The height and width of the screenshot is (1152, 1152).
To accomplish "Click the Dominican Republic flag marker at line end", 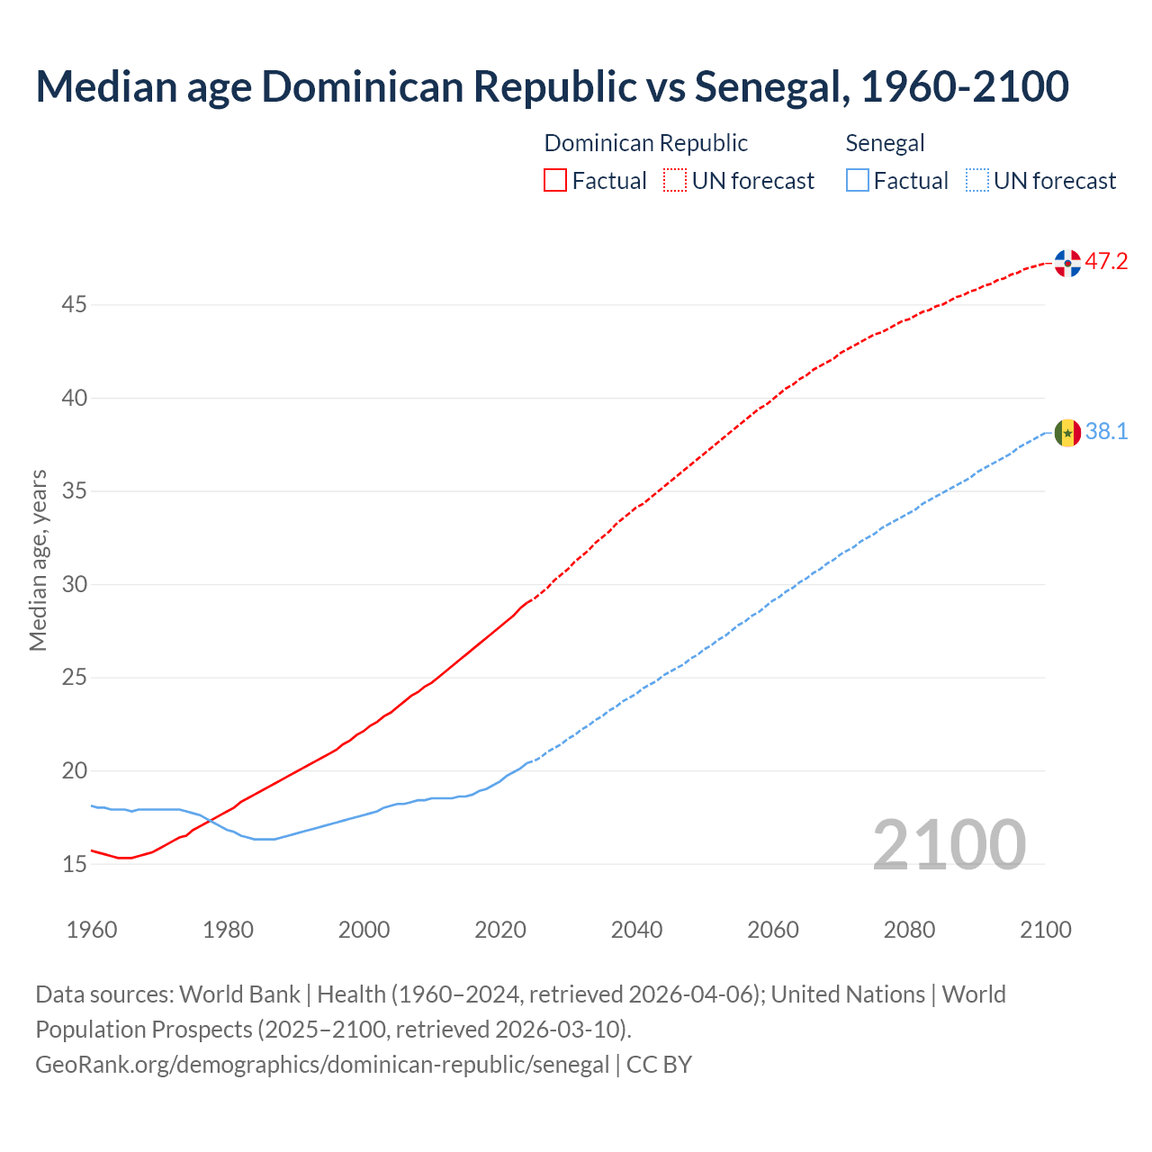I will point(1067,263).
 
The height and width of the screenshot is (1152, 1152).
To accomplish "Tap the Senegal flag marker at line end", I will point(1067,433).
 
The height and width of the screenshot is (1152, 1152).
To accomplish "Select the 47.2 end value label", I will point(1106,262).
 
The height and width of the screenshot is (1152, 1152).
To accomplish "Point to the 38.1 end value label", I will point(1106,432).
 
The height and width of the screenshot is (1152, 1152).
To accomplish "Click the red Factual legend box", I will point(555,181).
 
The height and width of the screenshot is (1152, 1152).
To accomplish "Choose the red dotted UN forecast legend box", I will point(675,181).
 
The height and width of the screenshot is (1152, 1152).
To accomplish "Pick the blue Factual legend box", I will point(858,181).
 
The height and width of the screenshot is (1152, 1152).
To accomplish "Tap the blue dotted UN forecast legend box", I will point(976,181).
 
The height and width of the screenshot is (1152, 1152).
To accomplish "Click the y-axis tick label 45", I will point(74,305).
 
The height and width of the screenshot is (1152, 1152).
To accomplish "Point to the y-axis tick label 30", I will point(74,585).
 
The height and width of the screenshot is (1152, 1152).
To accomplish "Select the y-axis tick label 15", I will point(74,865).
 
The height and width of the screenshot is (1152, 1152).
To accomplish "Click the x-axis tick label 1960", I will point(92,930).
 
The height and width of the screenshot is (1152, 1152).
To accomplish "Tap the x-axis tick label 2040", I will point(636,930).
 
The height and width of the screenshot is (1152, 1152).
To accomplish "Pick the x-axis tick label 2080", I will point(909,930).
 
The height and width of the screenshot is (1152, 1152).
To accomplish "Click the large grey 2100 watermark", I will point(949,844).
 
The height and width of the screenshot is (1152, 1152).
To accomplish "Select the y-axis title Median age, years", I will point(38,560).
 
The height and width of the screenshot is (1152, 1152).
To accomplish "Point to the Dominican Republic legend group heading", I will point(645,143).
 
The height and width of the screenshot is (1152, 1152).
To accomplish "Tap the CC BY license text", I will point(659,1065).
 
